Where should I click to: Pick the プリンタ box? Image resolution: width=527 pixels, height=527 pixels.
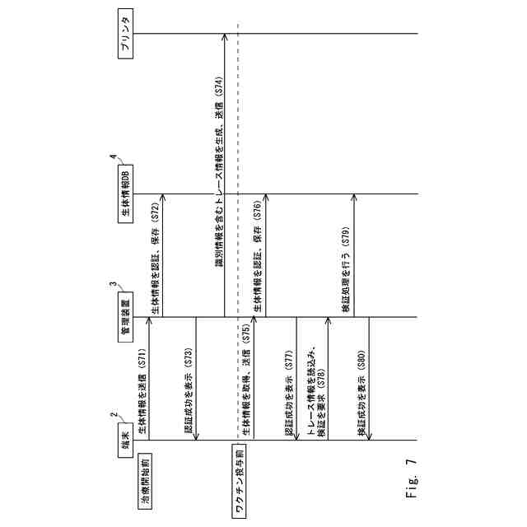tap(124, 34)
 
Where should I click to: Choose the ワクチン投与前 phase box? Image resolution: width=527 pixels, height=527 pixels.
tap(239, 482)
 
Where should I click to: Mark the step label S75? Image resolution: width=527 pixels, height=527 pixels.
tap(245, 338)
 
